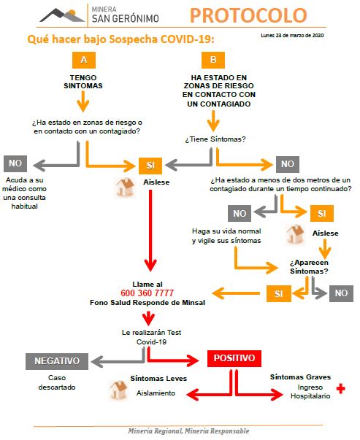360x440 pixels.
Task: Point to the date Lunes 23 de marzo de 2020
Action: click(291, 36)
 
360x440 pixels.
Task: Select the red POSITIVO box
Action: click(234, 359)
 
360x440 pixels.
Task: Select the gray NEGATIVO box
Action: click(57, 360)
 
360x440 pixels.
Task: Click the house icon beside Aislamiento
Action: click(118, 390)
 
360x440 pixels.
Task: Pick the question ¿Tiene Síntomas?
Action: click(214, 139)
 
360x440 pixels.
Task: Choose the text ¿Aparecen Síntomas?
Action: click(308, 266)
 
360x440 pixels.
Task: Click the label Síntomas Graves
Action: click(300, 377)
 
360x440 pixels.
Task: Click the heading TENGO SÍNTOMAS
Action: click(87, 80)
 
